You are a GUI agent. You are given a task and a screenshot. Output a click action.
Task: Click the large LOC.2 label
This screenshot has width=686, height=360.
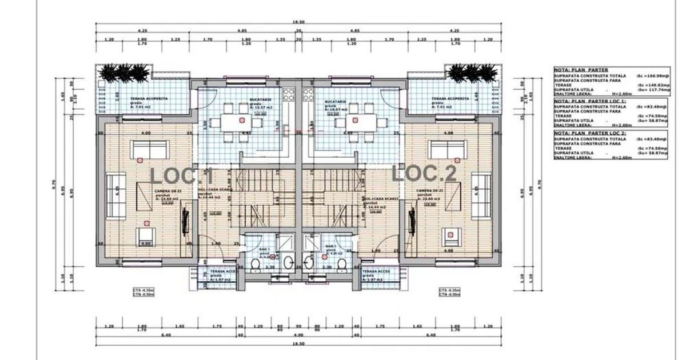click(x=424, y=174)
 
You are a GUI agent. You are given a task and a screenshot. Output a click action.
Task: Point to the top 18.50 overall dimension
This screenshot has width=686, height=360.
click(x=298, y=23)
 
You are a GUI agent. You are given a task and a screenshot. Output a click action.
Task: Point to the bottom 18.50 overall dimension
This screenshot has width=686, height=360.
click(x=298, y=344)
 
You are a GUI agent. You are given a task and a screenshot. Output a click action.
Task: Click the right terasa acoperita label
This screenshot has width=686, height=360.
click(x=450, y=98)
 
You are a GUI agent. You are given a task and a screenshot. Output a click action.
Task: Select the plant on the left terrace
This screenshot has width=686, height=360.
click(x=123, y=73)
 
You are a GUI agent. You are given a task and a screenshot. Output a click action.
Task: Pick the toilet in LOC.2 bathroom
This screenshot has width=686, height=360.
click(x=342, y=265)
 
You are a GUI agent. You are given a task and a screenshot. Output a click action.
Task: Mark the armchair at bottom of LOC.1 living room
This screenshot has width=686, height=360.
click(x=146, y=234)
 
